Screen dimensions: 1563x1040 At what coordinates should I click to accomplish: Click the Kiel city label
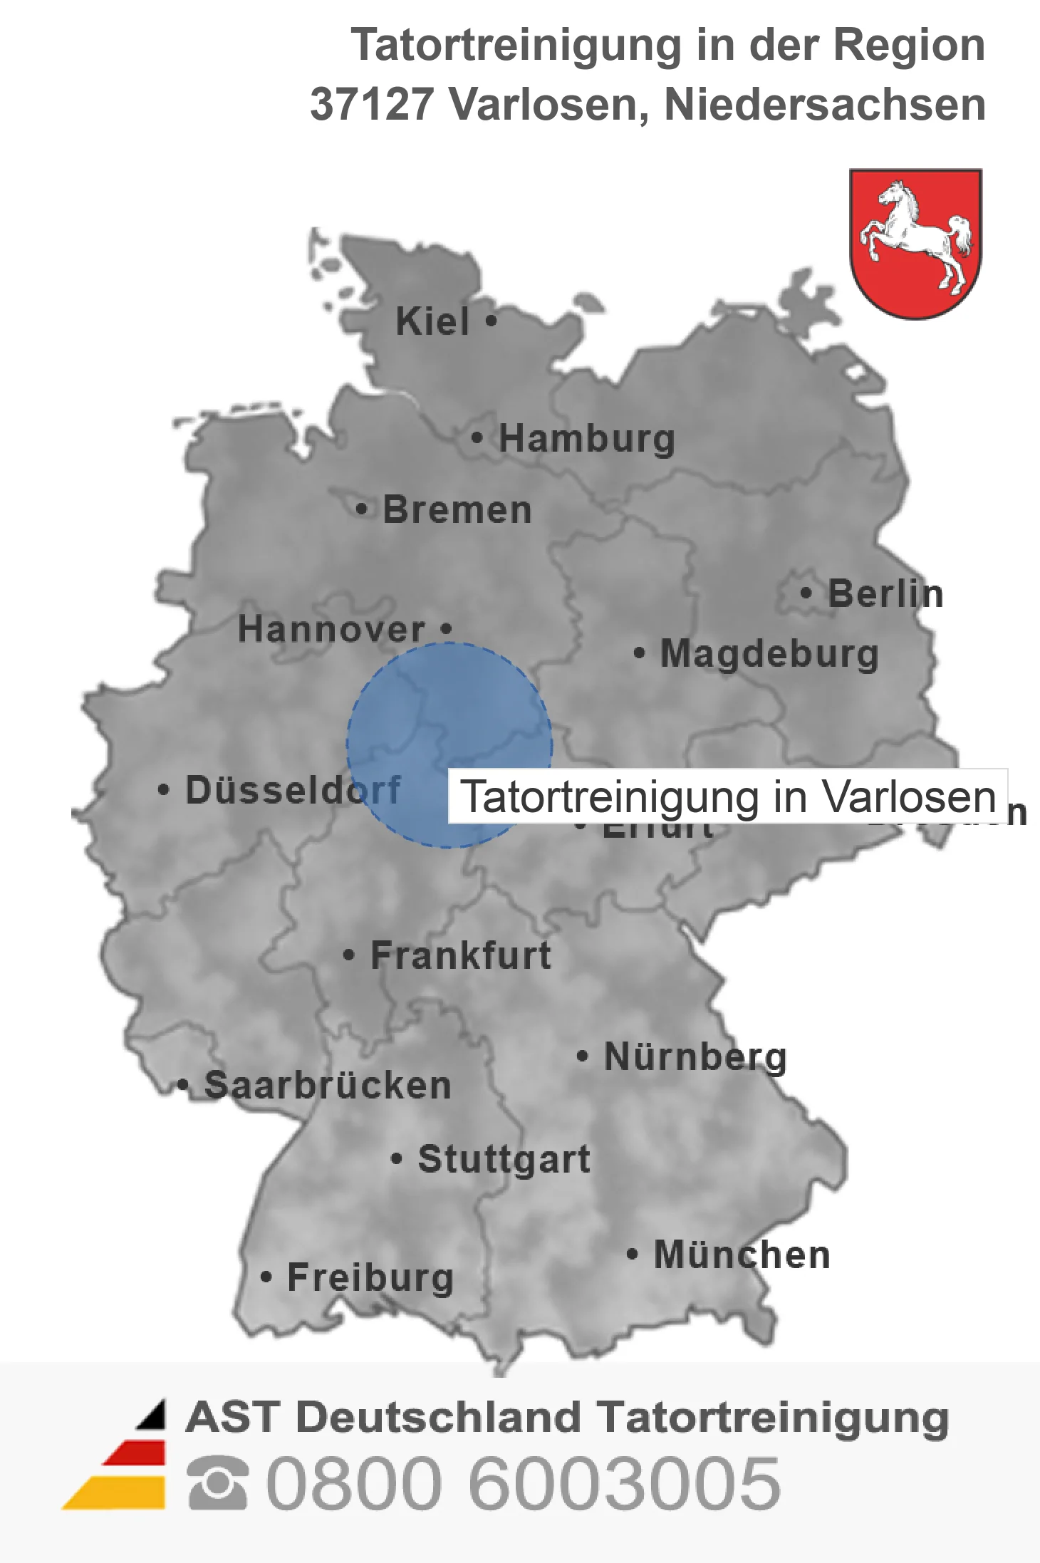(432, 321)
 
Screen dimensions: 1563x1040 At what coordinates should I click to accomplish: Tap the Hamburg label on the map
(586, 438)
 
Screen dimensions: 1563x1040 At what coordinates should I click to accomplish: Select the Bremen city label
(457, 510)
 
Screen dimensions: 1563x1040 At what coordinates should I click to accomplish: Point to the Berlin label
(885, 593)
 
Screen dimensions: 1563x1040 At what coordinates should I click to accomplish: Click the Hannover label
(331, 629)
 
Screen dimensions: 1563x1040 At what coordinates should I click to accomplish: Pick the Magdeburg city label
(769, 653)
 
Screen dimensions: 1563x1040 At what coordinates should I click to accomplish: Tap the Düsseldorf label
(293, 790)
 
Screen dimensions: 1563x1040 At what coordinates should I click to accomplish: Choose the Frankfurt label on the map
(460, 955)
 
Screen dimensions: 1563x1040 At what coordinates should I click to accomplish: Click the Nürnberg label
(695, 1056)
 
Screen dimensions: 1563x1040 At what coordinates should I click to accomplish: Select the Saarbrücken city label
(328, 1086)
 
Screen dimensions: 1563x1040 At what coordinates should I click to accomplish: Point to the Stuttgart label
(504, 1159)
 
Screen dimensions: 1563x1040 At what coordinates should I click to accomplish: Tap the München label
(742, 1255)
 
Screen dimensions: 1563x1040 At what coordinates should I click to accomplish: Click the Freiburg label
(370, 1277)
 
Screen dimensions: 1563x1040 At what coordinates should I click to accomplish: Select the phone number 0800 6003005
(523, 1483)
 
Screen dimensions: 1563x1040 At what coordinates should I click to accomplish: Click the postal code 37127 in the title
(371, 104)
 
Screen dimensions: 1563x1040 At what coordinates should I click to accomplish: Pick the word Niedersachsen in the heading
(824, 104)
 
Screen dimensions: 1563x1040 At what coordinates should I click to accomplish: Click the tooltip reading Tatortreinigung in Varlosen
(727, 796)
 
